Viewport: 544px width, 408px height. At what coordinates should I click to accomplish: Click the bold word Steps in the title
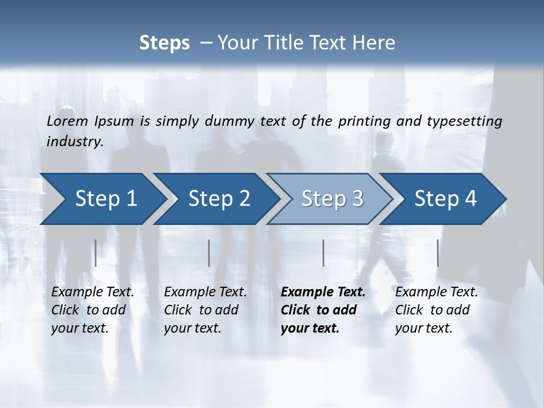tap(164, 42)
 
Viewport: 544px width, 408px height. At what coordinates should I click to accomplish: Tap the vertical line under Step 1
tap(96, 253)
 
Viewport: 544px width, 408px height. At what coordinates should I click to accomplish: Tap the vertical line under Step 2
tap(209, 253)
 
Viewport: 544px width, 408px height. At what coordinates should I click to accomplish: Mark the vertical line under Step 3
tap(324, 253)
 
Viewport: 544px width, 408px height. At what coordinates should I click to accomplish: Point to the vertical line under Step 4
tap(438, 253)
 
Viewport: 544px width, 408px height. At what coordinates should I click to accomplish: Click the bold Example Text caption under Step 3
tap(323, 310)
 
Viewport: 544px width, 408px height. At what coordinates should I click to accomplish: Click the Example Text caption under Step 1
tap(92, 310)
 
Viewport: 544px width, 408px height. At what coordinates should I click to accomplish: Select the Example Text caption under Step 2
tap(205, 310)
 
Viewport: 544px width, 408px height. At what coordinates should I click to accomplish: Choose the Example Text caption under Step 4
tap(436, 310)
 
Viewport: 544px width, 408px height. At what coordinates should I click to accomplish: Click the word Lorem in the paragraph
tap(67, 121)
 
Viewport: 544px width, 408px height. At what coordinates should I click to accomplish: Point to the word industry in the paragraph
tap(75, 142)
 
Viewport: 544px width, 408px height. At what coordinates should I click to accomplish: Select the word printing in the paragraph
tap(363, 121)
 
